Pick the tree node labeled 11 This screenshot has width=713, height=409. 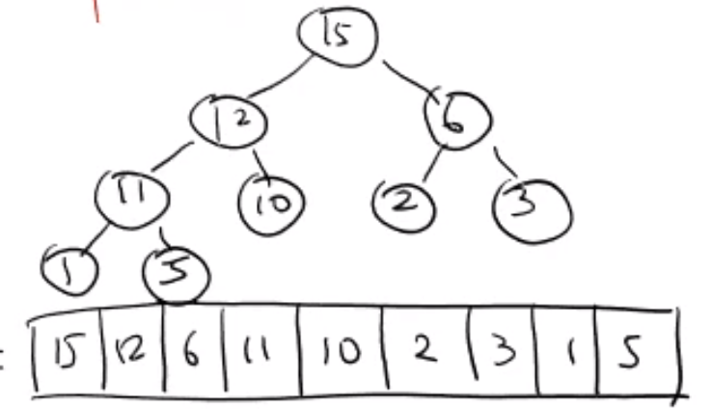132,197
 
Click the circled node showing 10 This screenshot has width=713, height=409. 271,202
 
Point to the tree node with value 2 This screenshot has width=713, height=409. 404,202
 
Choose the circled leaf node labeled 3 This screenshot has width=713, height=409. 533,204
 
